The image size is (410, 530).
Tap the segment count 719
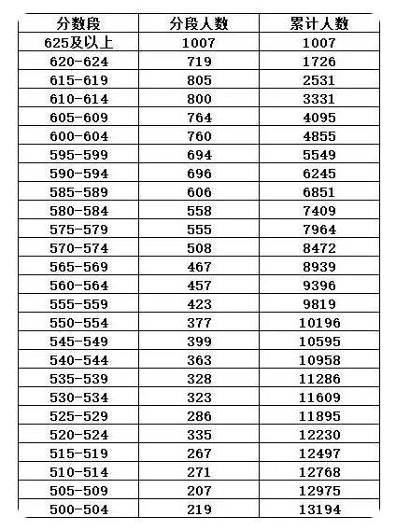pos(199,62)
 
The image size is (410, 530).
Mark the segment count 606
pos(199,192)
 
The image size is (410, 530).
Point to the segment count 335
pos(199,435)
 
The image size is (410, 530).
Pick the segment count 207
pos(199,491)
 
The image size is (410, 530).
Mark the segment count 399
pos(199,342)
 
